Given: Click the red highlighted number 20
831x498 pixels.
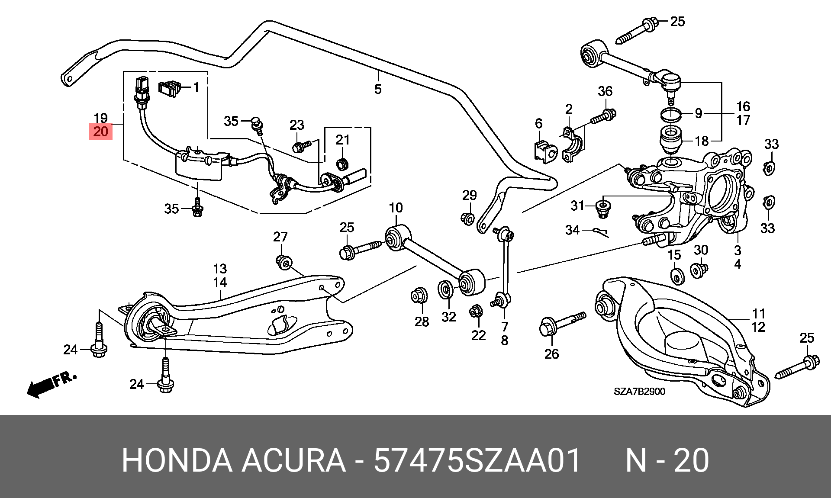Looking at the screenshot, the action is point(100,131).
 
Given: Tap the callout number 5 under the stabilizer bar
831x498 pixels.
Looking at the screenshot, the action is point(378,89).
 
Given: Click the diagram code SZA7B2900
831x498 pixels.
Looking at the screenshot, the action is point(639,392).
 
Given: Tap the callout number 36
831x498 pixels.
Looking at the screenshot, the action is point(605,91).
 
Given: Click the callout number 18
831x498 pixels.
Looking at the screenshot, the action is point(702,141).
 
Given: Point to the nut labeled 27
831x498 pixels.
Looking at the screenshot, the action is point(284,262).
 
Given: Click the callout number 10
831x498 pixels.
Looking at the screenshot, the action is point(396,208).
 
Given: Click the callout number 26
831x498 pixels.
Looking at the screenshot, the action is point(552,354).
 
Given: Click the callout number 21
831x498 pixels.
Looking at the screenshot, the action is point(342,140).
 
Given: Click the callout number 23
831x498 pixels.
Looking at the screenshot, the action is point(297,125).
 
